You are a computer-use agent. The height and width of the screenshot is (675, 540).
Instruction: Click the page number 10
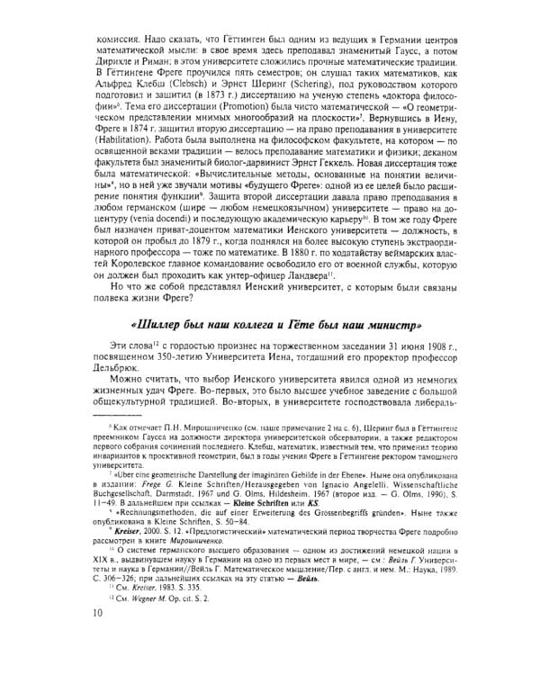[96, 640]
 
